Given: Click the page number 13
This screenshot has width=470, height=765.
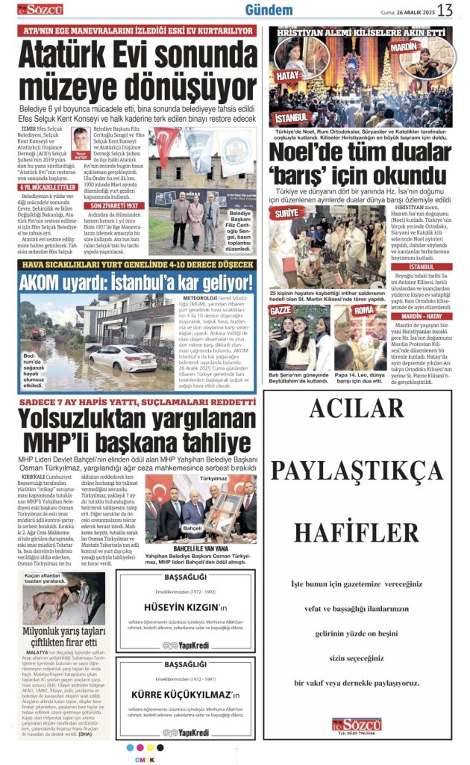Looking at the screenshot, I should point(445,10).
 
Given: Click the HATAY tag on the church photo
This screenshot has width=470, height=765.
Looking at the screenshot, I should point(288,75).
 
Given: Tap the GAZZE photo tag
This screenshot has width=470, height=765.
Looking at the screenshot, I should point(281,310).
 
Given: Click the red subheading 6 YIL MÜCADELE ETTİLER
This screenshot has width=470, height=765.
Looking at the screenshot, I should point(48,187).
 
